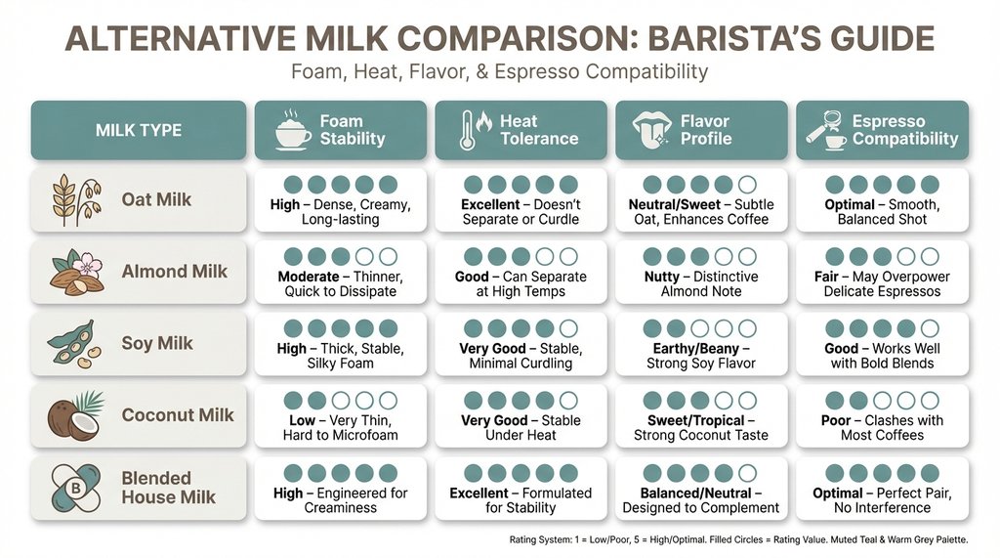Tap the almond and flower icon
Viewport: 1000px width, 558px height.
tap(76, 271)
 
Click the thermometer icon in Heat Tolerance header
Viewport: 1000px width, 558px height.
tap(470, 130)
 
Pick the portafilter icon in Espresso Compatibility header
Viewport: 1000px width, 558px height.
tap(826, 130)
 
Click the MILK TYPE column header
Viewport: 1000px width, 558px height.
tap(139, 131)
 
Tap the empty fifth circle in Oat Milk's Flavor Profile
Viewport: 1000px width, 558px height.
tap(747, 184)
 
